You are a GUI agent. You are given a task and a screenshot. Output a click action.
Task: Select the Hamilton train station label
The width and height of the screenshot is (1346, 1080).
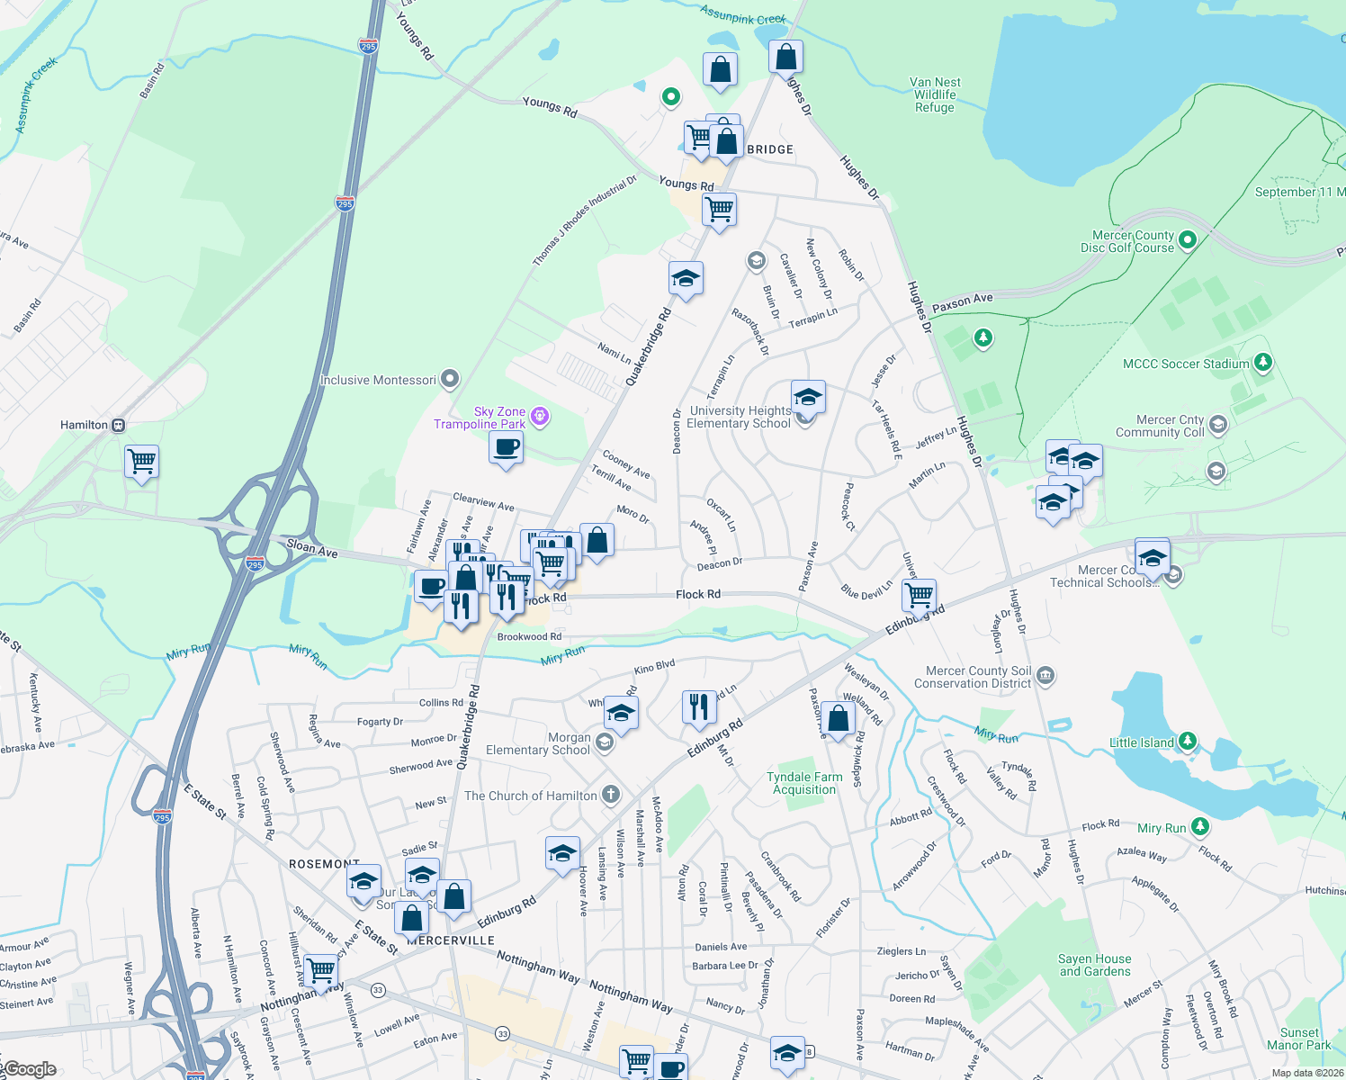[x=84, y=425]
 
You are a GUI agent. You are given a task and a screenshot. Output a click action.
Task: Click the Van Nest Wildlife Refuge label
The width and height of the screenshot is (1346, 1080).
[x=935, y=94]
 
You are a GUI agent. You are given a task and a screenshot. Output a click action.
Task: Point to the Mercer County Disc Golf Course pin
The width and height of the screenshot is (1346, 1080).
[x=1187, y=239]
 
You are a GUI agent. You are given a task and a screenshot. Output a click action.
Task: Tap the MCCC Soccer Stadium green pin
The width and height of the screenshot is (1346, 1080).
[x=1263, y=363]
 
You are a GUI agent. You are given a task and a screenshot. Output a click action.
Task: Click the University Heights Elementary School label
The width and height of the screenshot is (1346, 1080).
[x=739, y=417]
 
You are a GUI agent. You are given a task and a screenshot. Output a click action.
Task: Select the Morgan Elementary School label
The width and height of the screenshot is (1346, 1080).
[x=538, y=743]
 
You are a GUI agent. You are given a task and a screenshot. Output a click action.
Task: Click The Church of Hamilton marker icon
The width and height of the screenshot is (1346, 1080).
[x=611, y=794]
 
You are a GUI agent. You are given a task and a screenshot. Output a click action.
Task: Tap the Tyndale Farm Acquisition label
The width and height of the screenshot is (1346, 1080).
[x=804, y=783]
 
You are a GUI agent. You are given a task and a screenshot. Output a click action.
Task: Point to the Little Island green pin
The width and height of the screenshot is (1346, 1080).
[x=1188, y=742]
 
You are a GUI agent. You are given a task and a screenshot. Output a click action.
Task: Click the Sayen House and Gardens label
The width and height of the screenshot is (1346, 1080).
[x=1095, y=965]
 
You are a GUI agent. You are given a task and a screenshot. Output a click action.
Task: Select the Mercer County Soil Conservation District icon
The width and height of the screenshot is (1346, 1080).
[x=1045, y=675]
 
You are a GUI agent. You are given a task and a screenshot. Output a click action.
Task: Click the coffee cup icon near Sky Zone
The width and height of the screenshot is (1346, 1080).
[x=507, y=447]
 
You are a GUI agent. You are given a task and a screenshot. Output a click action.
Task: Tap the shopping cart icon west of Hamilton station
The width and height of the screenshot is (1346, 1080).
[x=142, y=462]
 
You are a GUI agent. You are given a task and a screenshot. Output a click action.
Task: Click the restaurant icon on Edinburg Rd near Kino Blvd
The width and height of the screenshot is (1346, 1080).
[x=699, y=706]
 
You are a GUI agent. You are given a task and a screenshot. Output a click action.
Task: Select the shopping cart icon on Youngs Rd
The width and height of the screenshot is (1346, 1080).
[x=719, y=210]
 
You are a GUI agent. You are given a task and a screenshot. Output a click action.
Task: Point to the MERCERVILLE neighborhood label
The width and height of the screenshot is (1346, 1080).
[x=451, y=940]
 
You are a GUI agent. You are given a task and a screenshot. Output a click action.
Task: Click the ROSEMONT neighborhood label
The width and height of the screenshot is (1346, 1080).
[x=324, y=863]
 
